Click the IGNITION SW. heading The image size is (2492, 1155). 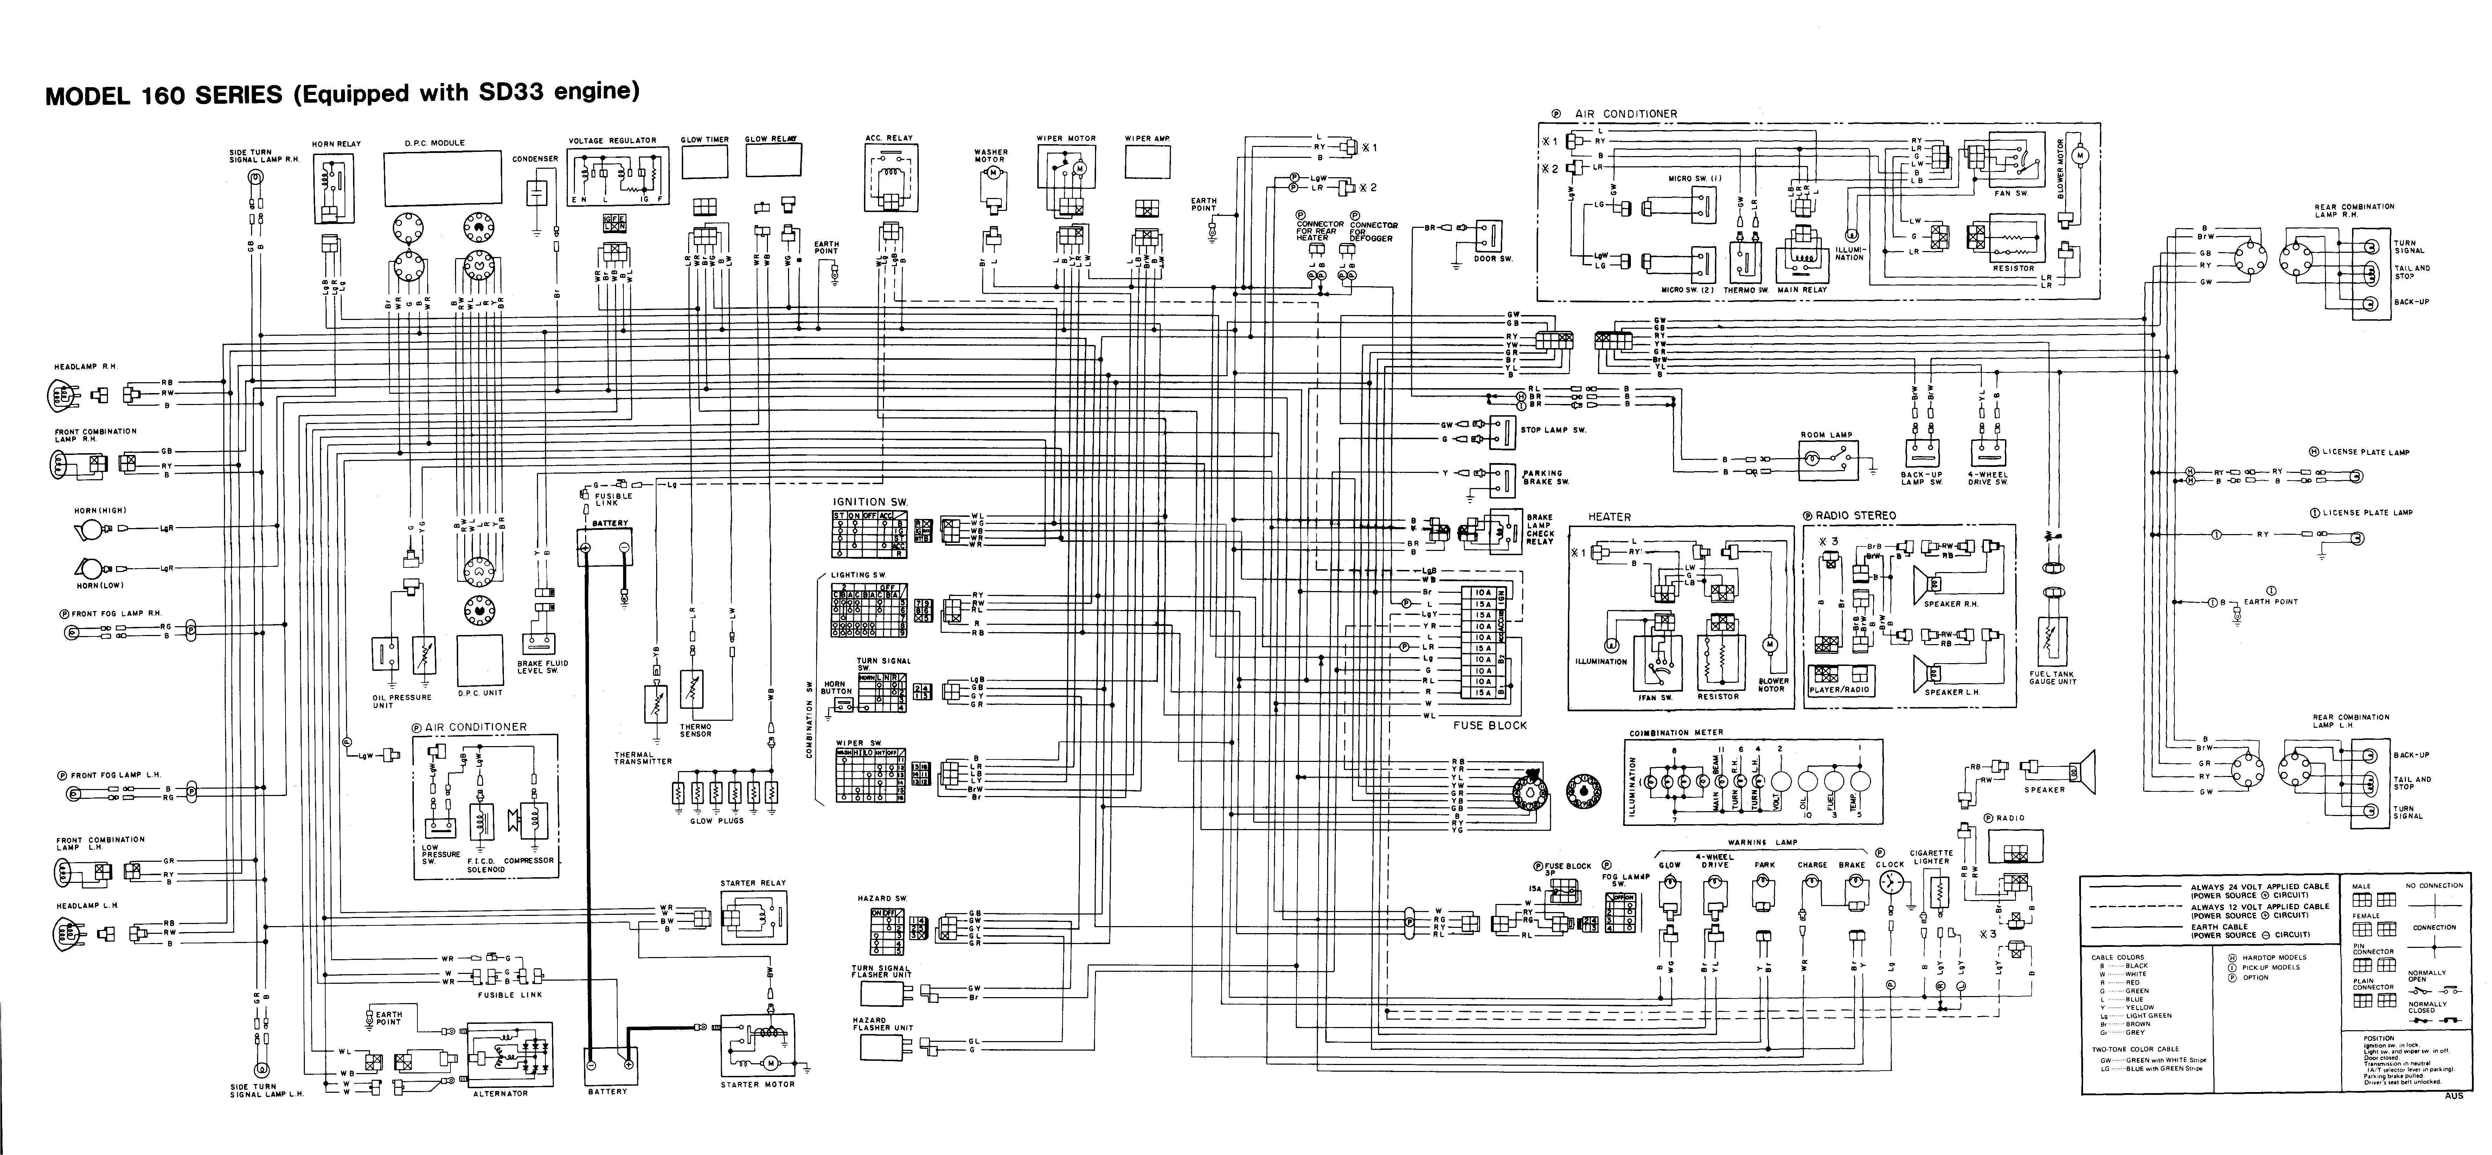[x=871, y=501]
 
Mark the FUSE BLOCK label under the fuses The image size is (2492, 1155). [x=1490, y=725]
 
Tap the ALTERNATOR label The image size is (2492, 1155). [x=500, y=1093]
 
